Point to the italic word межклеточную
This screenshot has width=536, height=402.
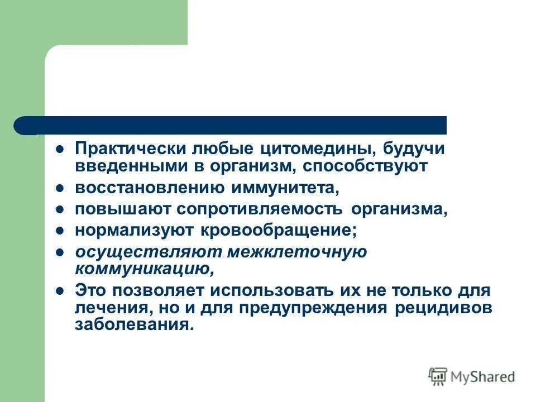point(297,252)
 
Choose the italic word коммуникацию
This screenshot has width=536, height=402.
point(145,269)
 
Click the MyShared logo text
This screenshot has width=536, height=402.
point(484,376)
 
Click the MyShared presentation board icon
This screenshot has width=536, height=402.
point(438,376)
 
